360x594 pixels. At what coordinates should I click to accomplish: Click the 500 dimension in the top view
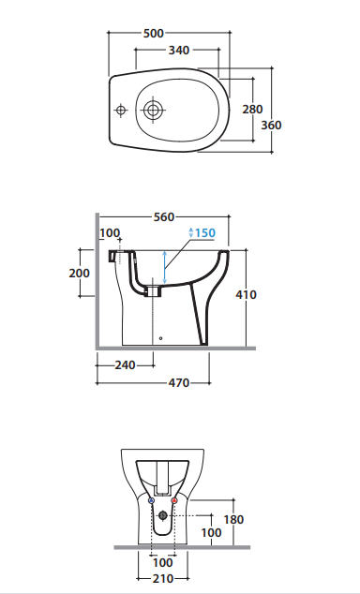pos(154,34)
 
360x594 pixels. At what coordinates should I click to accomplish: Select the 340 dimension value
pos(179,50)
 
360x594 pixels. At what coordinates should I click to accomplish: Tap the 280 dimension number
pos(252,109)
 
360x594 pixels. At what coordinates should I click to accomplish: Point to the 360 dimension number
pos(271,125)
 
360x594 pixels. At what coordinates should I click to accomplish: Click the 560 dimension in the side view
pos(164,217)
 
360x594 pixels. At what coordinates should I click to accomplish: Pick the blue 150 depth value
pos(205,232)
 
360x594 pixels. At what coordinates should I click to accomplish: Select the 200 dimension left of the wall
pos(79,274)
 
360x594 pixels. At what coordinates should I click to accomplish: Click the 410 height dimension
pos(246,294)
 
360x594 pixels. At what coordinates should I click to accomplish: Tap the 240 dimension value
pos(125,365)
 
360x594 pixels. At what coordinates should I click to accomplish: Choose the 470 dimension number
pos(179,383)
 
